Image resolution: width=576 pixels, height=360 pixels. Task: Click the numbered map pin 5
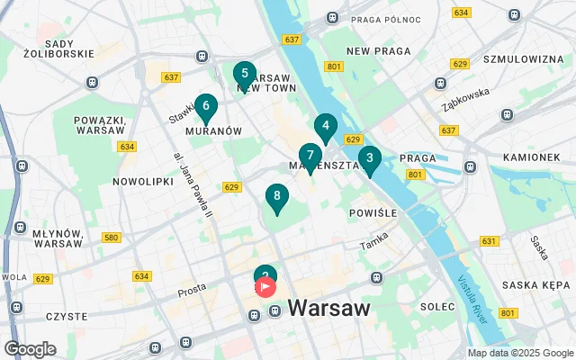pyautogui.click(x=243, y=74)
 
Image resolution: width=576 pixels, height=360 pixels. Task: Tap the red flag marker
pyautogui.click(x=266, y=287)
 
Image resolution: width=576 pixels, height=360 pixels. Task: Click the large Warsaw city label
pyautogui.click(x=328, y=309)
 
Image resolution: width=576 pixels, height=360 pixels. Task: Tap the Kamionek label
pyautogui.click(x=531, y=157)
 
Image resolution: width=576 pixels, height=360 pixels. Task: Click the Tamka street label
pyautogui.click(x=373, y=240)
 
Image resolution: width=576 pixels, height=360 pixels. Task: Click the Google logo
pyautogui.click(x=30, y=349)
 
